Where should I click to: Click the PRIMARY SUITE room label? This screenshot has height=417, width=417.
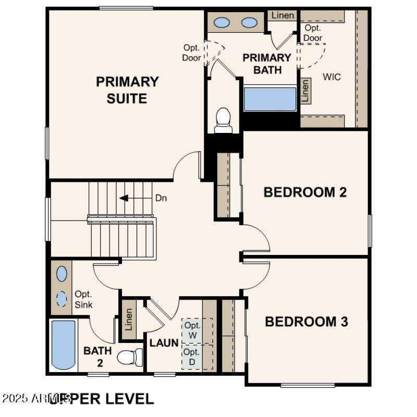click(127, 90)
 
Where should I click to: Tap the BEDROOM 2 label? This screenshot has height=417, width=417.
click(305, 192)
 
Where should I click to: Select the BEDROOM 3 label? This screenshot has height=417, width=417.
click(306, 322)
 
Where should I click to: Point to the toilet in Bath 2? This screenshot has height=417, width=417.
click(129, 357)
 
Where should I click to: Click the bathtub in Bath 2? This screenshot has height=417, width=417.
click(64, 345)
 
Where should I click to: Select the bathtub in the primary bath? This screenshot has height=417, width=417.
click(269, 99)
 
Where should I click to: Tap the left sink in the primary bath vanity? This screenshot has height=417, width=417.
click(223, 22)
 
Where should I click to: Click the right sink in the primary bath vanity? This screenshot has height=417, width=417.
click(249, 22)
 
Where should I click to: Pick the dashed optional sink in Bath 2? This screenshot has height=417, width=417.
click(62, 299)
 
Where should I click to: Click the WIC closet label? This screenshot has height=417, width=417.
click(332, 77)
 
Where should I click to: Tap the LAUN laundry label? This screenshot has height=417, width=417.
click(164, 343)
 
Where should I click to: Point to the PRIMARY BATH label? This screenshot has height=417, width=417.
click(266, 64)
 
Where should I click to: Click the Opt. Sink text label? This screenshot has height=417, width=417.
click(83, 299)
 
